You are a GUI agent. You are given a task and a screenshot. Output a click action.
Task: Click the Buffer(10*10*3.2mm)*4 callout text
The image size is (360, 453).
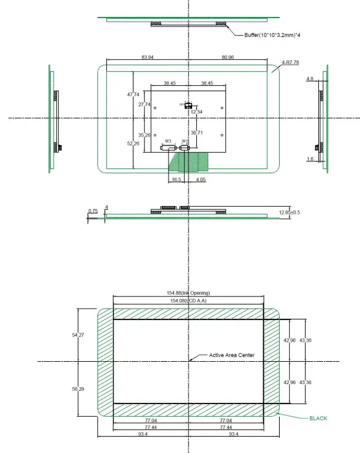point(272,36)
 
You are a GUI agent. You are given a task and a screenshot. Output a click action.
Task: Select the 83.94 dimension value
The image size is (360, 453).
point(147,57)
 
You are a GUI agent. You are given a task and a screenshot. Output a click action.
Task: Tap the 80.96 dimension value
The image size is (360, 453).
point(228,57)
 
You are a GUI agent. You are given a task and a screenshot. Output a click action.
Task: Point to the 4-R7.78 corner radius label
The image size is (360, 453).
point(291,62)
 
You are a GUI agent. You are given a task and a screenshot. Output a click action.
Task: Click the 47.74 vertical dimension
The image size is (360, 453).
point(133,94)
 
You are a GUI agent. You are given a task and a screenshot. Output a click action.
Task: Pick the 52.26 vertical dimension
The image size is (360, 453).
point(133,144)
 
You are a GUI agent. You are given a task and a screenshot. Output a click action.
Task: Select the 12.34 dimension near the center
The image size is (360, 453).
point(196,112)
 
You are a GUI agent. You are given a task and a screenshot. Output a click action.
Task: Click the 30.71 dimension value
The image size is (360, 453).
point(196,132)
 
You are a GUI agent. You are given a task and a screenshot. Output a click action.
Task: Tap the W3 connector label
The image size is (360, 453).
point(168,141)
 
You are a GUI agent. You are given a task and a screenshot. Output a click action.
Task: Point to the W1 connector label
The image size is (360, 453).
point(185,141)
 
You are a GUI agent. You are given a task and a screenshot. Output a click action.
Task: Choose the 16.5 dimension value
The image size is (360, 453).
point(176,179)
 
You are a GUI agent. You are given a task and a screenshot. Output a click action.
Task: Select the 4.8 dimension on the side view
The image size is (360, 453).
point(309,79)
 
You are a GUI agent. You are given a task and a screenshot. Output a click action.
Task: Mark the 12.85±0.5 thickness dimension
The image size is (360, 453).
point(289,212)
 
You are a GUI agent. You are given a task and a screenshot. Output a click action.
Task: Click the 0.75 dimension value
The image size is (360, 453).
point(92,210)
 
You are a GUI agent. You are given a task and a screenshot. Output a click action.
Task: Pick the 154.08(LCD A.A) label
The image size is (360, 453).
point(189,300)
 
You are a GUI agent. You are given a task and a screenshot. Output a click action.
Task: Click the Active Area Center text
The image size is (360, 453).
point(231,355)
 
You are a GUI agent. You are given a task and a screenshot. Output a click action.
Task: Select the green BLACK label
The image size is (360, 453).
point(318,418)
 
